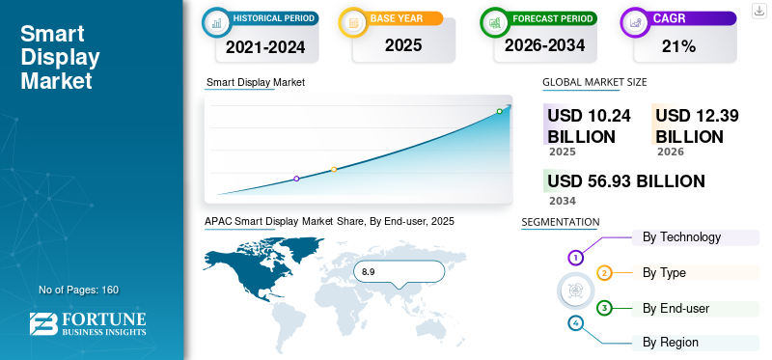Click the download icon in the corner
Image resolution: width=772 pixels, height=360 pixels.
coord(758,11)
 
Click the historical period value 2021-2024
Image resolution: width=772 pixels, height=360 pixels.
coord(265,45)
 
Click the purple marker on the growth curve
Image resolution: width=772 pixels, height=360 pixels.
coord(296,179)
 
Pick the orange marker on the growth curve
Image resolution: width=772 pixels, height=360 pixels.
coord(334,170)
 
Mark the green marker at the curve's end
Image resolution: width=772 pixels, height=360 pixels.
coord(499,112)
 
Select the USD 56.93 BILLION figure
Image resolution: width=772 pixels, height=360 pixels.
coord(625,181)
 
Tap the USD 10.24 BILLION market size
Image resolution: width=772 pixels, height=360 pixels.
coord(589,125)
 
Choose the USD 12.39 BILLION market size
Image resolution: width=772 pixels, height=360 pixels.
coord(697,125)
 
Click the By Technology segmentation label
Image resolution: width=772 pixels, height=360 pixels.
coord(681,237)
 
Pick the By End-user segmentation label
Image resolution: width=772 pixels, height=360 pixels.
coord(676,308)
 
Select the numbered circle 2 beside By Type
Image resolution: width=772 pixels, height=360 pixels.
coord(604,273)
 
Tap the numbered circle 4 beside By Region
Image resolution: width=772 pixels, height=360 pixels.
coord(576,323)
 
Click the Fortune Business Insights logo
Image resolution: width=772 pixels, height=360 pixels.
coord(88,324)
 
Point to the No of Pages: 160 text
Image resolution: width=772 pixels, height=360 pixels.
coord(78,290)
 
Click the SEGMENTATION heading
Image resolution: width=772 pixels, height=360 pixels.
coord(560,222)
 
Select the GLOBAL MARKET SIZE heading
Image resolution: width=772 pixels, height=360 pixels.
coord(594,83)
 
